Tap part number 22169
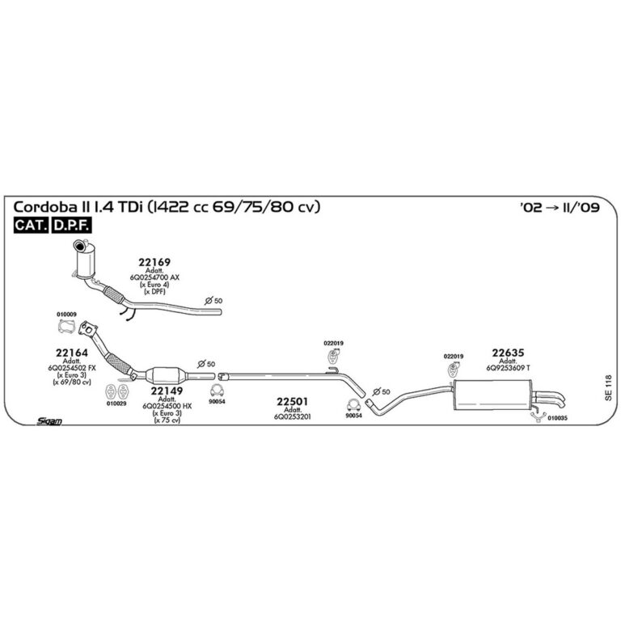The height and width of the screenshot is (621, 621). [x=154, y=263]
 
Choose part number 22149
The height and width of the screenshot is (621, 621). [x=167, y=391]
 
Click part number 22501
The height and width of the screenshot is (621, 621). [x=293, y=401]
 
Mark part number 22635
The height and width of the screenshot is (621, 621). [x=508, y=352]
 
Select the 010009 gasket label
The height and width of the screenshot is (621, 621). [x=66, y=314]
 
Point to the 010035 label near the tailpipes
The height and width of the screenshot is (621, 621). [x=558, y=418]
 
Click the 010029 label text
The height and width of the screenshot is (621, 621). [x=116, y=403]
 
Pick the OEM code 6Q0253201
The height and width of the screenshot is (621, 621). [x=293, y=416]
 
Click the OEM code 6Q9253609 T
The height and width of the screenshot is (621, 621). [x=508, y=368]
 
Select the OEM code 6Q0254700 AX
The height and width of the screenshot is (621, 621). [x=154, y=277]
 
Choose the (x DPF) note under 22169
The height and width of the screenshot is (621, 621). [x=154, y=291]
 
